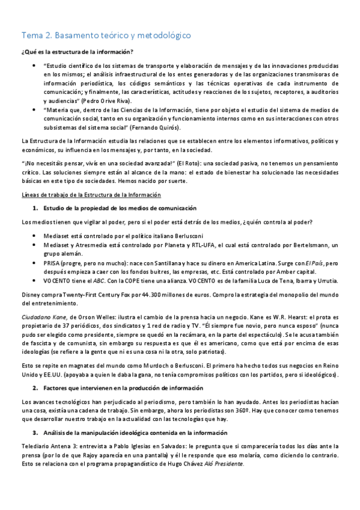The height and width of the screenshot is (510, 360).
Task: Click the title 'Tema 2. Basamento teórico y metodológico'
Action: point(106,35)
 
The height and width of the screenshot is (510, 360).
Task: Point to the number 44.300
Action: point(162,295)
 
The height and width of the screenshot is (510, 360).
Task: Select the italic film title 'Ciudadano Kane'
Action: point(41,316)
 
